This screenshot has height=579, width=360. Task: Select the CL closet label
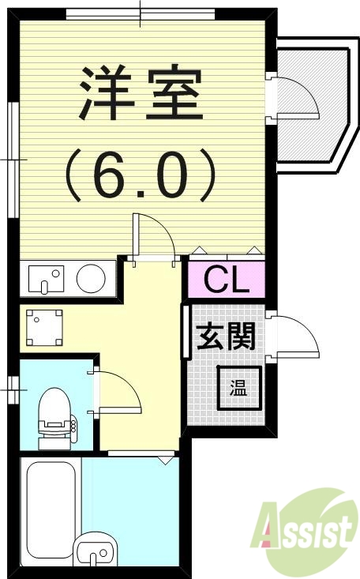[x=227, y=280]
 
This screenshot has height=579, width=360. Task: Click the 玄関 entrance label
[x=226, y=338]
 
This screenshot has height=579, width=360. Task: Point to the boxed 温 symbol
[x=238, y=388]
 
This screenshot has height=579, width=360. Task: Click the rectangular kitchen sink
[x=46, y=278]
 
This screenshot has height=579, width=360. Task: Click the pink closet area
[x=227, y=280]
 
